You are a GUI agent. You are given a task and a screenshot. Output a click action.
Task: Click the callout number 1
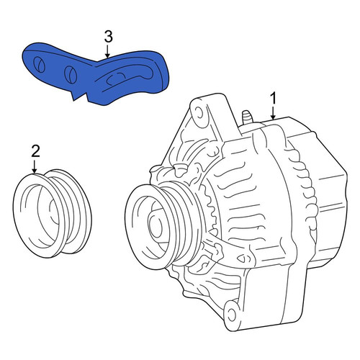273,99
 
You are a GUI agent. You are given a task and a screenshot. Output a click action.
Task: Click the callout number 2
35,151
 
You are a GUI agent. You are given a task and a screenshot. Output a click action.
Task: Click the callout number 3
108,37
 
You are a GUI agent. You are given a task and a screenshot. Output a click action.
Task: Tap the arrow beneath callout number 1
273,113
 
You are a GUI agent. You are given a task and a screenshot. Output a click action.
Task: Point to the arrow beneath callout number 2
35,167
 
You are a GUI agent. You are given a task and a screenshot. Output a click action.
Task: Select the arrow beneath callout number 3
108,52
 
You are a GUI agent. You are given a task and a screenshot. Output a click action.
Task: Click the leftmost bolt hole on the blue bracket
40,64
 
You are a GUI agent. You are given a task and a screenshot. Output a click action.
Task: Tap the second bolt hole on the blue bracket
71,73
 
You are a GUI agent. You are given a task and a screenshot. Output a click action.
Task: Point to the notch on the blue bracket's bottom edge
80,96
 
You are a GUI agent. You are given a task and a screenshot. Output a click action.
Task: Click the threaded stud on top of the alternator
247,117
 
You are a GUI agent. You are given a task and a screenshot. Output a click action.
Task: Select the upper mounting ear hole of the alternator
199,112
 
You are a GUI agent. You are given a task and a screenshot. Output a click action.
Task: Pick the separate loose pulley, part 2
53,214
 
